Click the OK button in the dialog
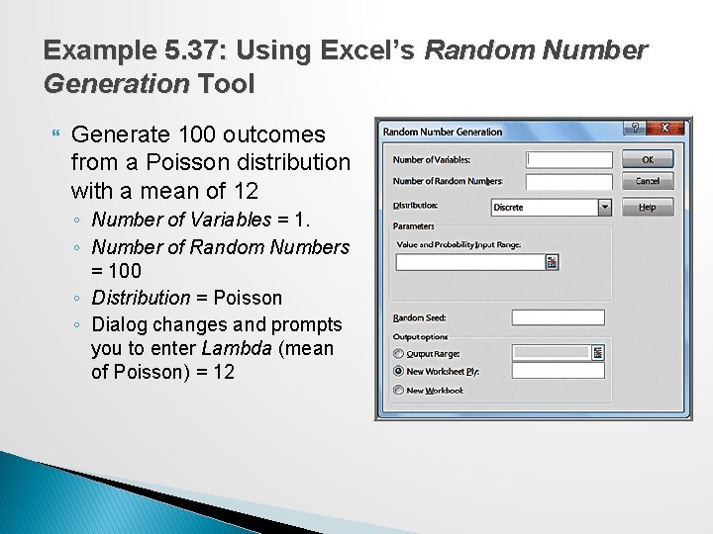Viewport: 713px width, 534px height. [x=647, y=159]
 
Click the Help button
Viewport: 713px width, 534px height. [x=647, y=207]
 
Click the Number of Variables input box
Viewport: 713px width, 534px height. [x=569, y=159]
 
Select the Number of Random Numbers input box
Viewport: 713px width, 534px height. [x=569, y=182]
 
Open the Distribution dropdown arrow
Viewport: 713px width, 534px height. [x=604, y=208]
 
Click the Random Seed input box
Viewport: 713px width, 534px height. [x=558, y=317]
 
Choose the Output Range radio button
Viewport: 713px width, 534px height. [x=399, y=353]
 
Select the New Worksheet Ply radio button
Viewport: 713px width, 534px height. [x=399, y=371]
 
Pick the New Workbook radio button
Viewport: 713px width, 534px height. [x=399, y=390]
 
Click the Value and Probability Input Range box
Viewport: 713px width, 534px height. [x=470, y=262]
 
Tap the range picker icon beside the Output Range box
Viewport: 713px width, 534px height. [x=598, y=352]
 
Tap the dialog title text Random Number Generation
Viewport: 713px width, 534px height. [x=443, y=132]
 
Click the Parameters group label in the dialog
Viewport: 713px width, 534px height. [x=415, y=225]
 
